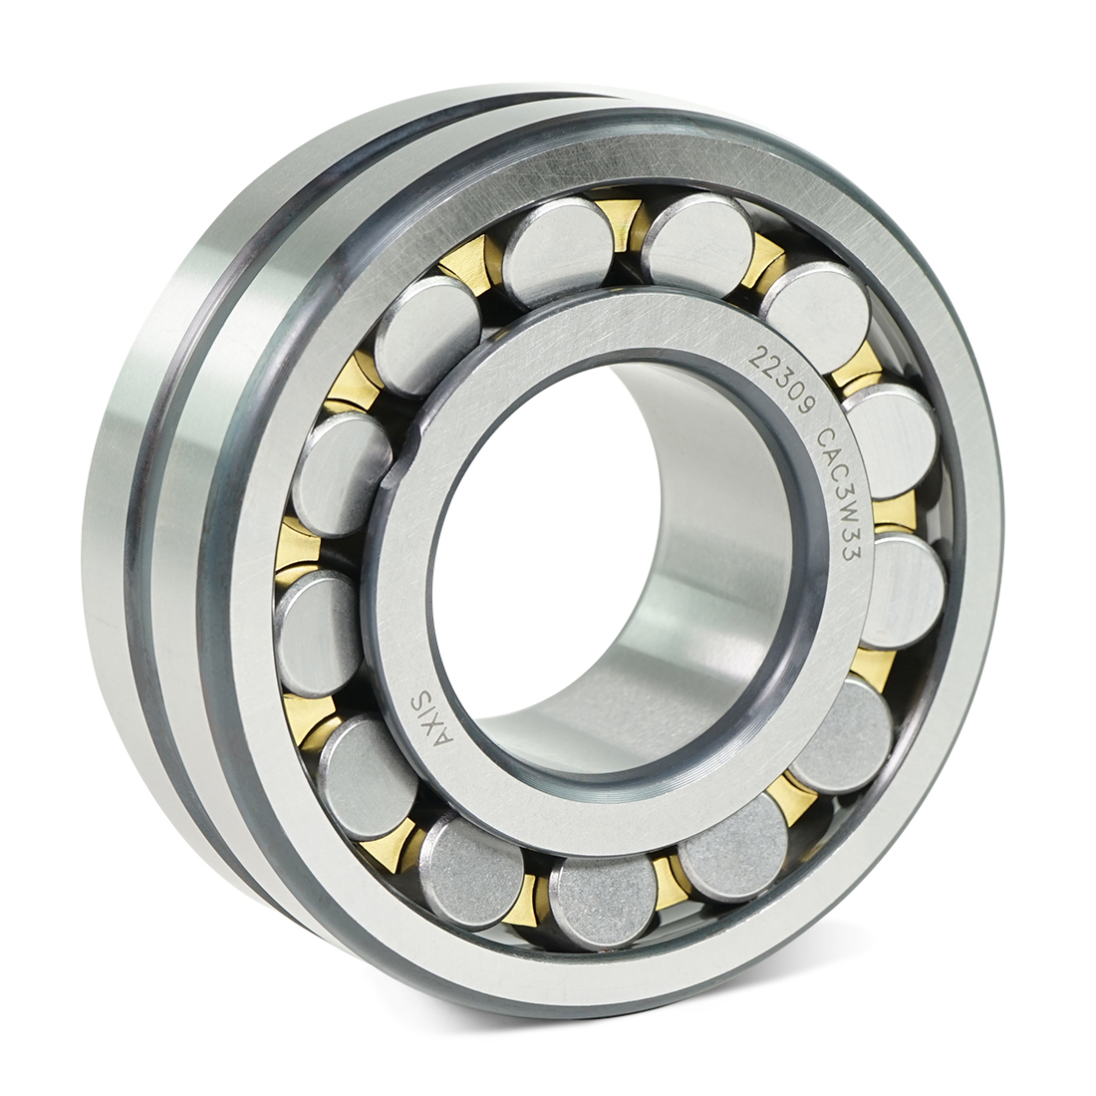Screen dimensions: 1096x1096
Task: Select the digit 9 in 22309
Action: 809,409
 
